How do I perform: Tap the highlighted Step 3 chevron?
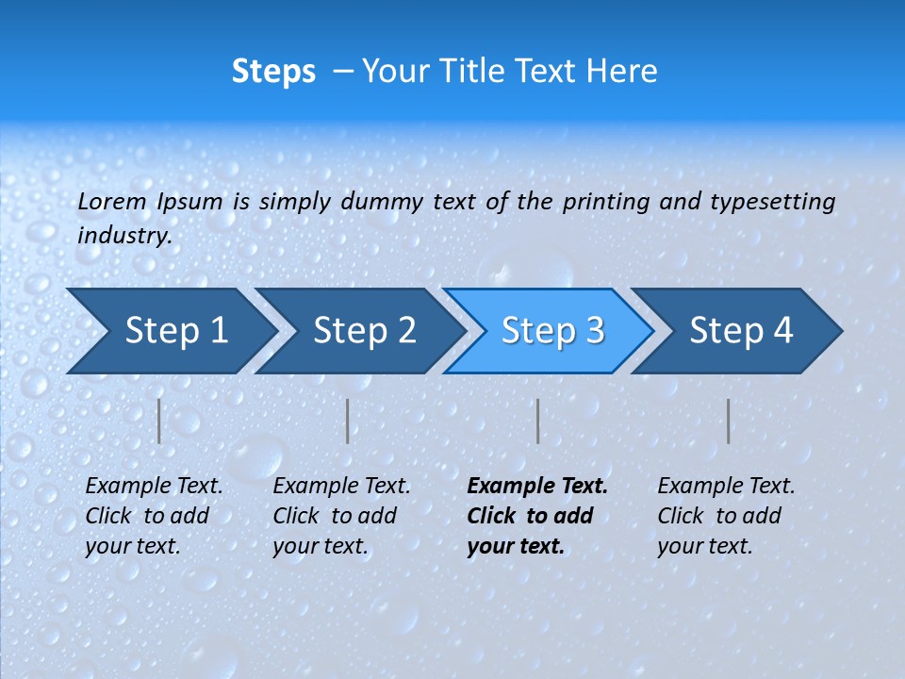coord(552,331)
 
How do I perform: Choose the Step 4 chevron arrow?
coord(741,331)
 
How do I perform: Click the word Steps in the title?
coord(273,72)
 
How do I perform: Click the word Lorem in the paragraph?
coord(112,201)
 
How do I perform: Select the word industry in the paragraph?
coord(123,235)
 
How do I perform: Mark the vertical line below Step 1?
coord(159,421)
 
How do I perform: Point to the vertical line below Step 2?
coord(348,421)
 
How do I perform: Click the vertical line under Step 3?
coord(537,421)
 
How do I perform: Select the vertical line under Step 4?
coord(728,421)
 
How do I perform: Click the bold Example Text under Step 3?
coord(537,487)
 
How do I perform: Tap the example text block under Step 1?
coord(154,516)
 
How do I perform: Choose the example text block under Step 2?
coord(341,516)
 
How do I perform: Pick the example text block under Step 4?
coord(726,516)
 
